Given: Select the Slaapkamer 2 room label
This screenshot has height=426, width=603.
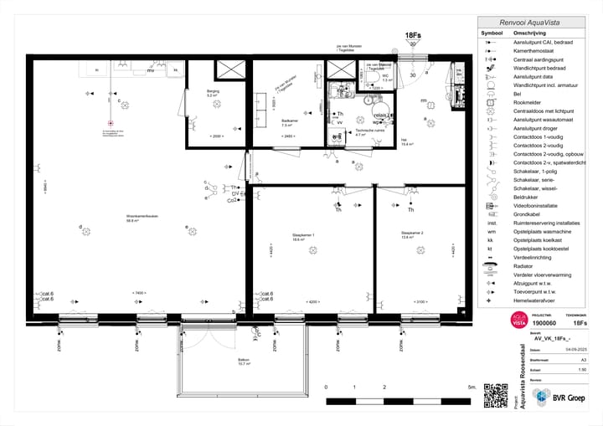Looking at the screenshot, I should [x=411, y=235].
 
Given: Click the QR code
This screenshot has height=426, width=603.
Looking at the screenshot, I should [x=496, y=395].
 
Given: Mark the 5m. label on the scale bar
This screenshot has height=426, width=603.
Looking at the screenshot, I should [x=472, y=388].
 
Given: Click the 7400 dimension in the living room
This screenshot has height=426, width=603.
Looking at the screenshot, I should [x=140, y=292].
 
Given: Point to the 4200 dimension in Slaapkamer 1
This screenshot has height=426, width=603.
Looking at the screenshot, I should [x=313, y=300].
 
